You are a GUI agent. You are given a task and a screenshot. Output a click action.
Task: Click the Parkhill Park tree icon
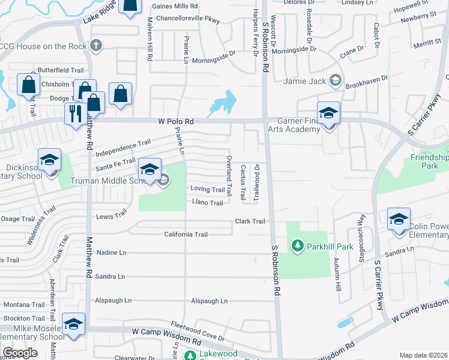(296, 245)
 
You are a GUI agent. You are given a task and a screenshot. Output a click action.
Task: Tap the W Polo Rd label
(176, 121)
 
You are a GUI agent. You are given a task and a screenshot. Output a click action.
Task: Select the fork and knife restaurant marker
(75, 113)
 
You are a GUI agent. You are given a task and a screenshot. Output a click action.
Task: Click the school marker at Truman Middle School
(149, 169)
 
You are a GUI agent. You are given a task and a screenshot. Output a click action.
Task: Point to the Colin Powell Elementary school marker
(399, 219)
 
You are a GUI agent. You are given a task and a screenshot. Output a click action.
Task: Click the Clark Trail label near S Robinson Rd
(250, 221)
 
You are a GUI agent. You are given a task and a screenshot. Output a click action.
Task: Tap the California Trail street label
(185, 235)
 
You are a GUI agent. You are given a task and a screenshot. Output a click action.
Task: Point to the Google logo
(20, 353)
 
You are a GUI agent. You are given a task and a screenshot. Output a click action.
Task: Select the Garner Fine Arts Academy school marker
(328, 113)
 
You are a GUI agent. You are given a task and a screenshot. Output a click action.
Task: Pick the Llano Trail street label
(207, 203)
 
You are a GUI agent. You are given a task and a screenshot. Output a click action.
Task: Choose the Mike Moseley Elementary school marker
(73, 325)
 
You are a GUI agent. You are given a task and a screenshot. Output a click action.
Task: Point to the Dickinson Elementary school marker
(49, 160)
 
